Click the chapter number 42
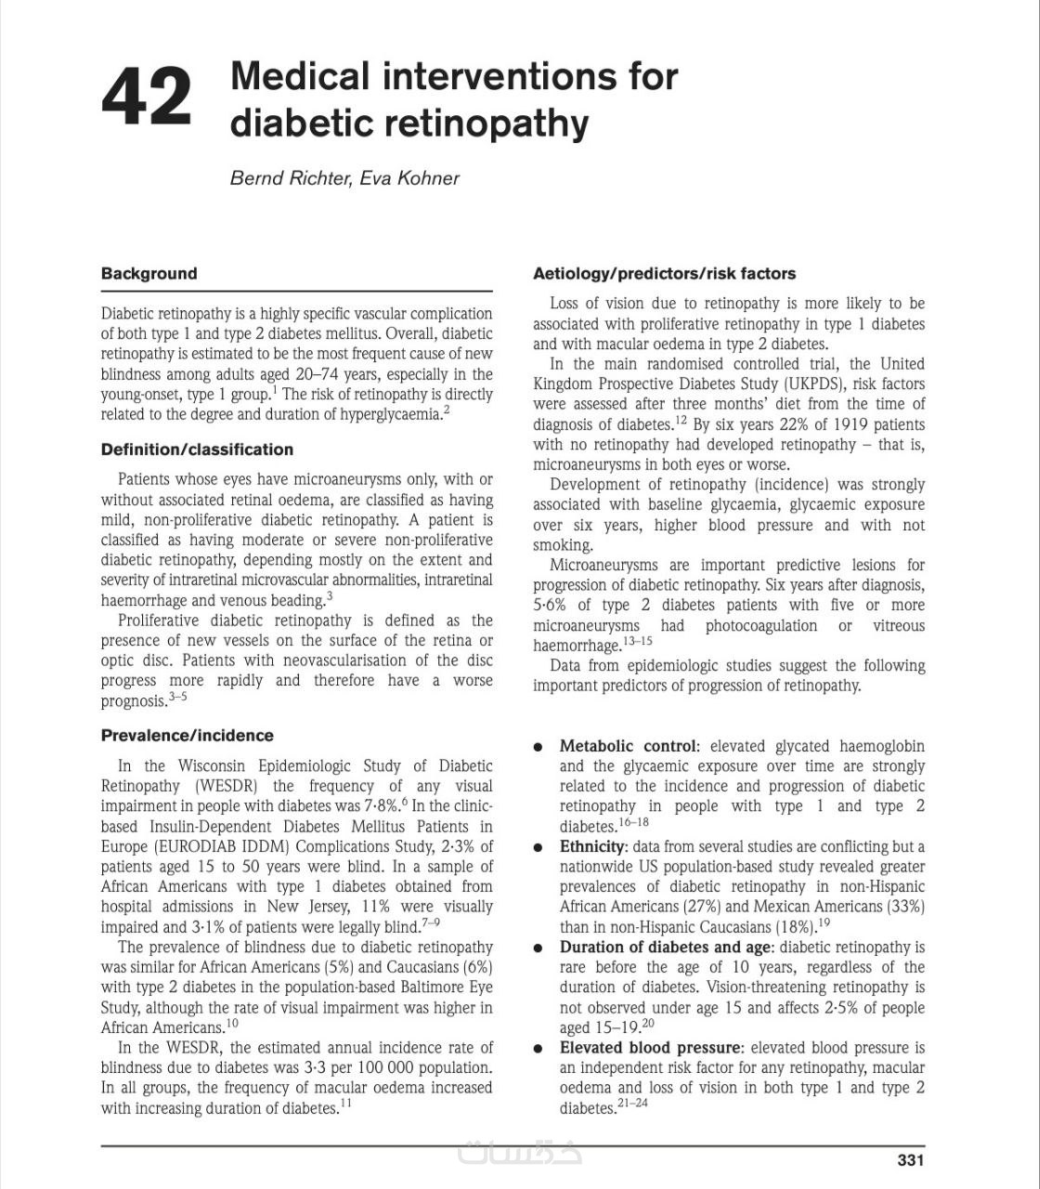(x=147, y=97)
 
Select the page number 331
(x=910, y=1159)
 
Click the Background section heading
(x=149, y=273)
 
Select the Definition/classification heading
(x=197, y=450)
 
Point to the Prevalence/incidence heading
(x=187, y=736)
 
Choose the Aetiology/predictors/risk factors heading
(x=664, y=273)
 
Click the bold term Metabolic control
(x=627, y=746)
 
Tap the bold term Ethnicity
(x=592, y=846)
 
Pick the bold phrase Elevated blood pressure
(x=650, y=1048)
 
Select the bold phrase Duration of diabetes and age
(x=665, y=947)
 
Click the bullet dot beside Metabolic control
(x=539, y=748)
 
